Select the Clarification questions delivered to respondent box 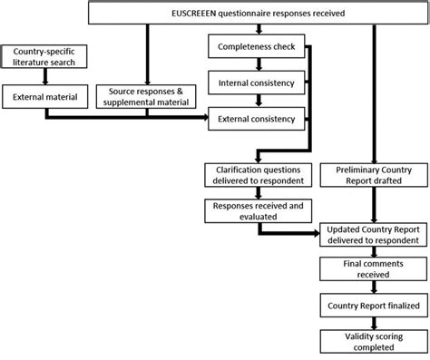click(256, 173)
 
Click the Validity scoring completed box click(372, 341)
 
